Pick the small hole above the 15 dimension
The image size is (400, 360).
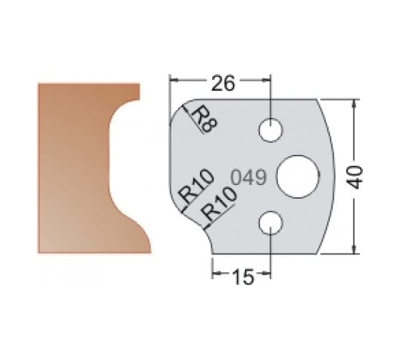pyautogui.click(x=271, y=223)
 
